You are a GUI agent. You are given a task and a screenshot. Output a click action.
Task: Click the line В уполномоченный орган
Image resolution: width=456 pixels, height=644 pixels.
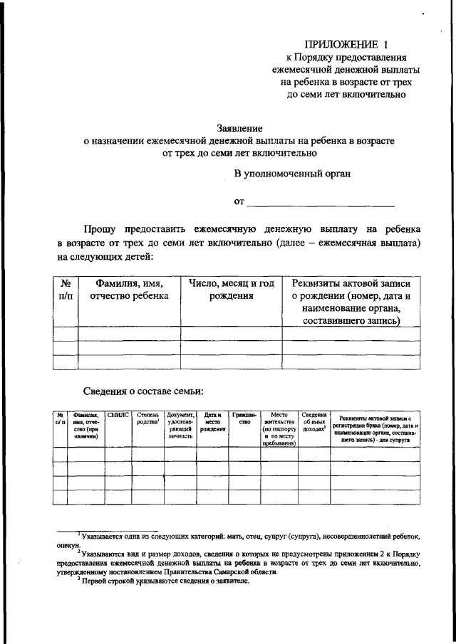pyautogui.click(x=292, y=172)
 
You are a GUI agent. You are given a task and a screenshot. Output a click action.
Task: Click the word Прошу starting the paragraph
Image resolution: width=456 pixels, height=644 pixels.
pyautogui.click(x=104, y=230)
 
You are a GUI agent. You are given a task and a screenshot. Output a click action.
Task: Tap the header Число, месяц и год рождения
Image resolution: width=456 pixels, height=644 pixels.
pyautogui.click(x=232, y=290)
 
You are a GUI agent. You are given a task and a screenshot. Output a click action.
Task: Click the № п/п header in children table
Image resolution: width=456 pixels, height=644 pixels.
pyautogui.click(x=66, y=290)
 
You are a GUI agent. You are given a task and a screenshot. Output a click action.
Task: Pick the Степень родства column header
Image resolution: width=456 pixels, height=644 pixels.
pyautogui.click(x=148, y=418)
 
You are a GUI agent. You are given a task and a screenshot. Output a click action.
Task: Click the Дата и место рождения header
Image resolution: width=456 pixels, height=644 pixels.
pyautogui.click(x=212, y=421)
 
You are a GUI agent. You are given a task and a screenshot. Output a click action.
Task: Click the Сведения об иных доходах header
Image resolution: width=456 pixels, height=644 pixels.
pyautogui.click(x=313, y=421)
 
